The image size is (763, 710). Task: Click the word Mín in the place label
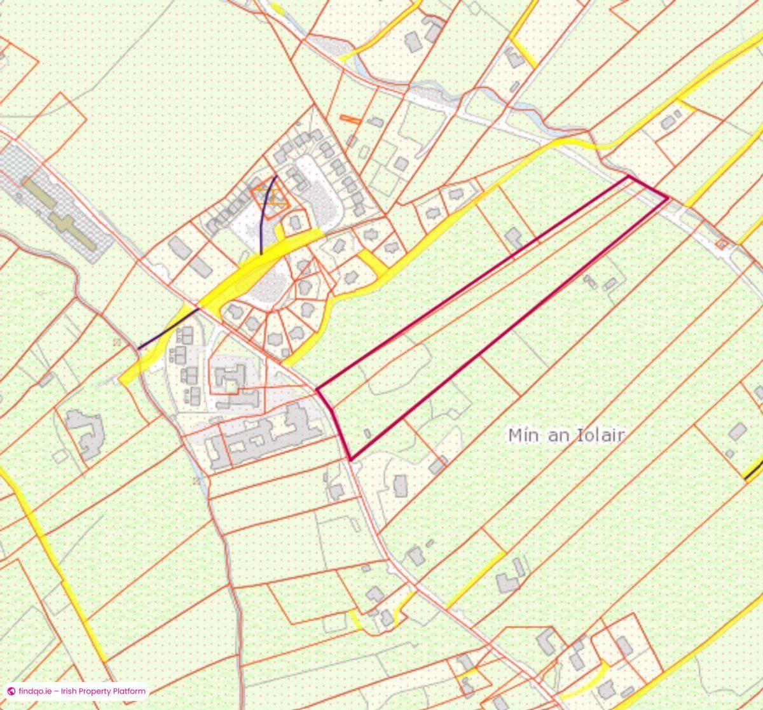523,435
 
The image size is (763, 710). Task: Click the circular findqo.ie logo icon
11,691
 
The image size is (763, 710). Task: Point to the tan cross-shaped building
60,214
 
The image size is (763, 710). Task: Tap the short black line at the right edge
753,471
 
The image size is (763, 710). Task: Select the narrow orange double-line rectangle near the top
350,118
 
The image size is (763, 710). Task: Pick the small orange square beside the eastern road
721,244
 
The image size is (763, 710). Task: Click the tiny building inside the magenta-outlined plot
367,433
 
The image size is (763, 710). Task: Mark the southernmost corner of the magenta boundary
350,459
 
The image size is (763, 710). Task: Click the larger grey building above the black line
738,431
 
